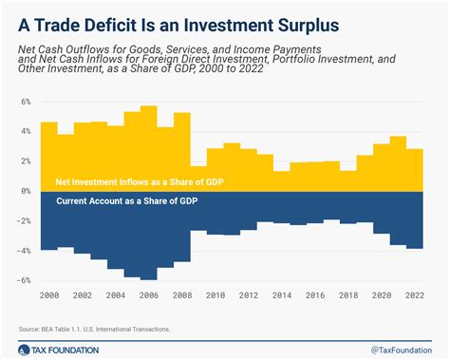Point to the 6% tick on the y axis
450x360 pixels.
tap(26, 101)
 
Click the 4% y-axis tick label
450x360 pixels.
tap(26, 131)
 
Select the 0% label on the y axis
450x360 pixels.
tap(26, 191)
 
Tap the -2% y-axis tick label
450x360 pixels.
tap(25, 221)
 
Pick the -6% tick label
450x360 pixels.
tap(25, 281)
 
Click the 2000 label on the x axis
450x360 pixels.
tap(49, 295)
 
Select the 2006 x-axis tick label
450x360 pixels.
tap(149, 295)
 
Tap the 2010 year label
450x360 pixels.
tap(216, 295)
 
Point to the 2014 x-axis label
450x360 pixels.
tap(282, 295)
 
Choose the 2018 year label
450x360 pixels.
tap(348, 295)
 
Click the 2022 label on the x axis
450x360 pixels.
tap(415, 295)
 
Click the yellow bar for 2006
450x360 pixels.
tap(149, 148)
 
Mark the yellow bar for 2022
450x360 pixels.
tap(415, 170)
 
